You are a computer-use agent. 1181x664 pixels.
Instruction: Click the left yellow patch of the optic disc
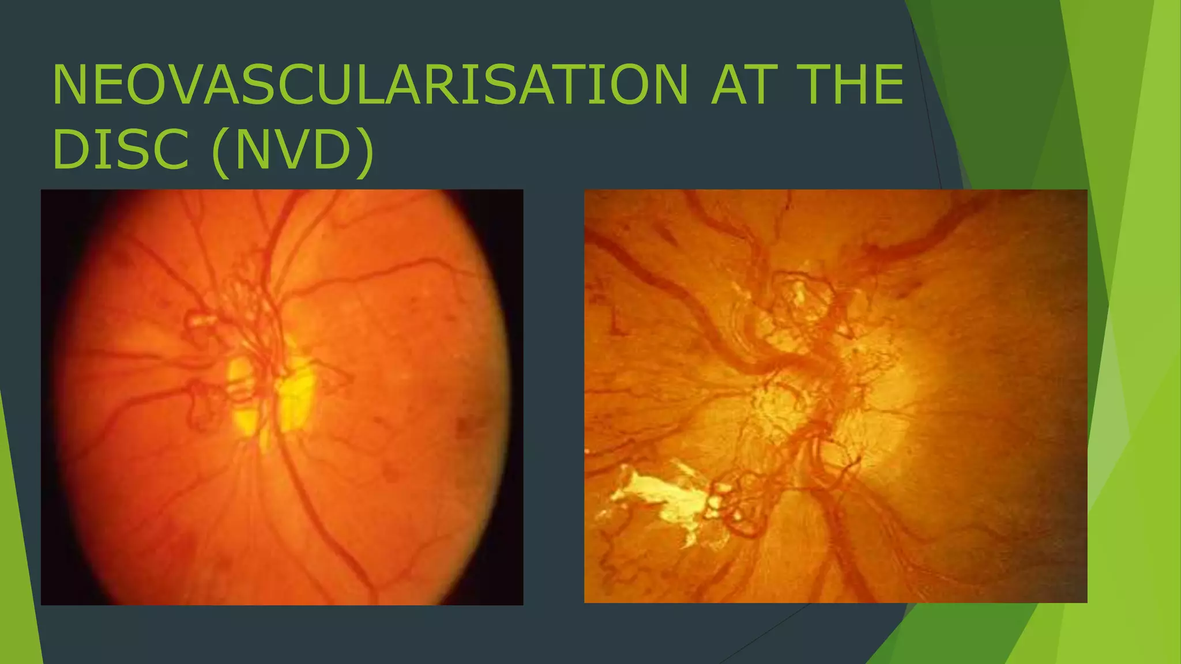241,395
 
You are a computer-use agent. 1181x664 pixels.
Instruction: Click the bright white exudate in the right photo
663,499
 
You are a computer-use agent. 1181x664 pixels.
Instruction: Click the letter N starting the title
72,85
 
